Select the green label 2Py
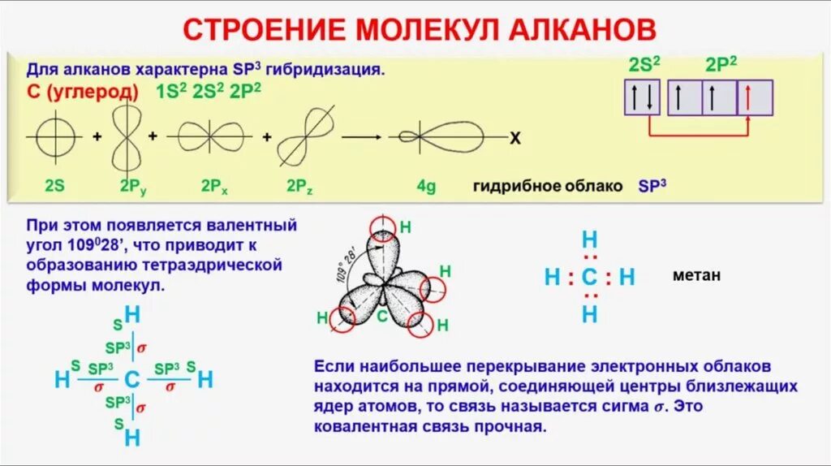(x=133, y=186)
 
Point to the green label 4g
(x=427, y=186)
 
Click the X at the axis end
(x=515, y=139)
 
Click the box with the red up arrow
(x=755, y=98)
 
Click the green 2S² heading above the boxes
(x=644, y=66)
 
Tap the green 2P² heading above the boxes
(x=721, y=66)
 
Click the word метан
(x=696, y=275)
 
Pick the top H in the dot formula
(x=589, y=239)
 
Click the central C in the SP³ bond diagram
(x=132, y=379)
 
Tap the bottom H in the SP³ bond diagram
(x=132, y=438)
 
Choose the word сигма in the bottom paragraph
(x=620, y=407)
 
